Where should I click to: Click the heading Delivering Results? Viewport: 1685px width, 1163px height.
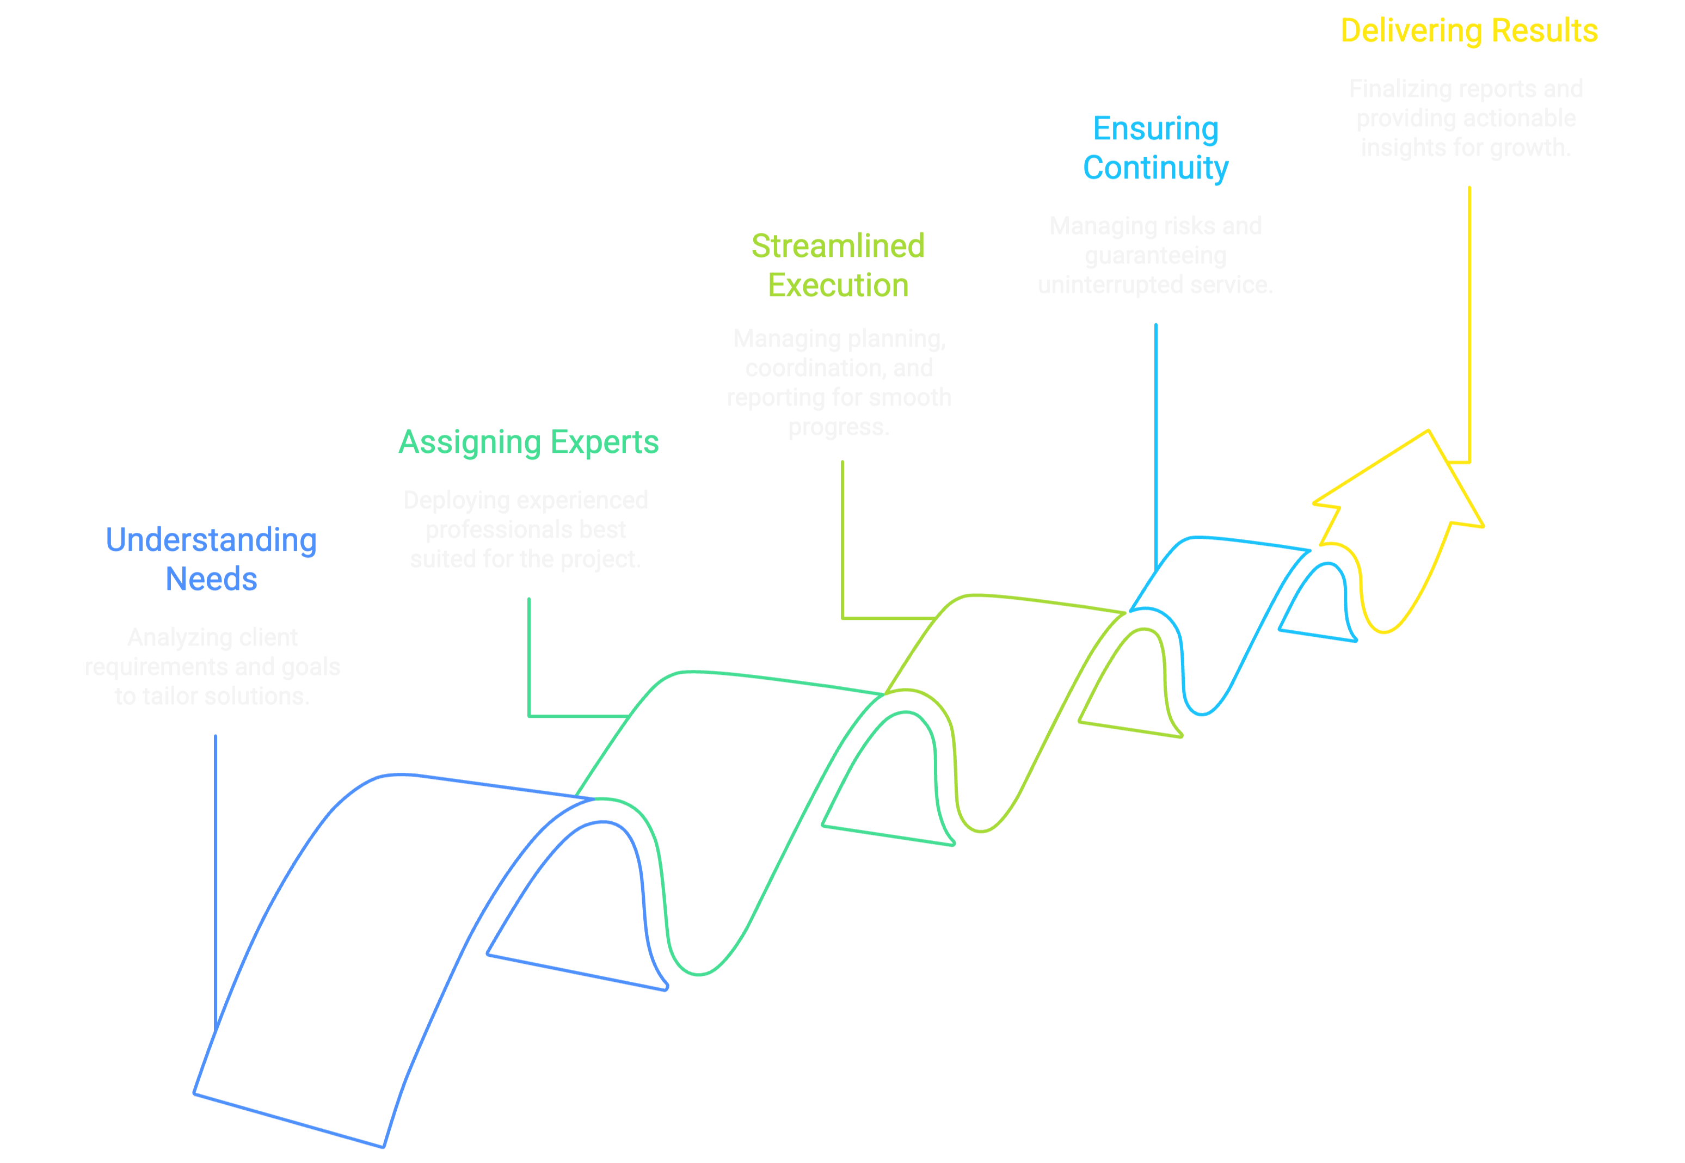point(1468,32)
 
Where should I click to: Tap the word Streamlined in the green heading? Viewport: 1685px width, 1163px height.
point(838,247)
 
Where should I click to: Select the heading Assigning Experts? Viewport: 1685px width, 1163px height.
point(528,442)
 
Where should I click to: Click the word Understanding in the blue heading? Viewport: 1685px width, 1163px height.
point(211,540)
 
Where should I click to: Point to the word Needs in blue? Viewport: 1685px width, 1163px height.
point(211,579)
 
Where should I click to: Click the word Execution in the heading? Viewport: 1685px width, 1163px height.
point(838,286)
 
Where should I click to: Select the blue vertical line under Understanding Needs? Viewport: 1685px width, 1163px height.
point(215,875)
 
